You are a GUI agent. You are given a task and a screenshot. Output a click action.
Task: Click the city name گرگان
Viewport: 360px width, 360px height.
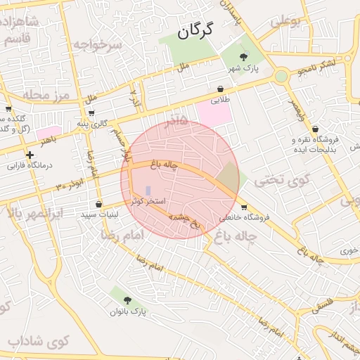195,32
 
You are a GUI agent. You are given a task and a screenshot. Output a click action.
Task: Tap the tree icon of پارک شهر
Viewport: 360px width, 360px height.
243,56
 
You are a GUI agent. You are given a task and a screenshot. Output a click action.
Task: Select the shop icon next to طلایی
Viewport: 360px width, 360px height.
221,89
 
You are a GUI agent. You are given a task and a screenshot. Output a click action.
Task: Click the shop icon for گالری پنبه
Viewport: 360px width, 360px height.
91,112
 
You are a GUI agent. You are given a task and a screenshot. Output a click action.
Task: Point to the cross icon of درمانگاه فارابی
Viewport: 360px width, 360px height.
29,155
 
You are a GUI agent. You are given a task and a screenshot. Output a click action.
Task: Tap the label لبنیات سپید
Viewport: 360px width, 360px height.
102,214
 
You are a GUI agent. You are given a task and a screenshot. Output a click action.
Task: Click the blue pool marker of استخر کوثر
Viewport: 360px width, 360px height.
148,191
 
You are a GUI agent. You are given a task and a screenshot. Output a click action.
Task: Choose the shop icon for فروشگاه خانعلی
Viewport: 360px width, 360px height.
244,207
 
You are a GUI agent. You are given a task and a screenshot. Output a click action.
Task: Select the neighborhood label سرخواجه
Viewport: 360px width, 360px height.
101,46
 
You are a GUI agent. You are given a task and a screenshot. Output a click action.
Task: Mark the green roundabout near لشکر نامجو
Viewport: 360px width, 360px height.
281,75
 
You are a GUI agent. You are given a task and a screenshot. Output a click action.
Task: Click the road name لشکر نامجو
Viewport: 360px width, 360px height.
316,67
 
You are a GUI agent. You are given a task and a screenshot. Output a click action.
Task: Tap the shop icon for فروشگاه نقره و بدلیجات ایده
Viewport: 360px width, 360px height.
314,129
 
